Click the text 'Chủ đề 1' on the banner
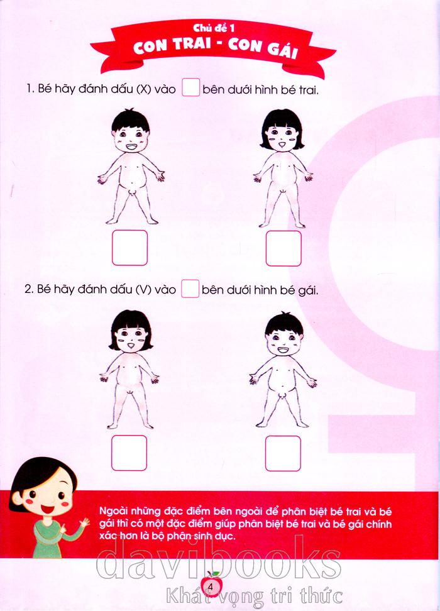coord(214,28)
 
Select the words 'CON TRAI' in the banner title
coord(170,46)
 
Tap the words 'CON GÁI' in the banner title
coord(263,48)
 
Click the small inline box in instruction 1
coord(191,87)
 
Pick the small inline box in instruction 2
coord(190,289)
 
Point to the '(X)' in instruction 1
coord(143,90)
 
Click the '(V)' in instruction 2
coord(143,290)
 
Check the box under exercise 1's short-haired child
coord(129,248)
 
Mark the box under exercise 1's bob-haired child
coord(283,248)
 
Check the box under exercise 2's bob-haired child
coord(129,453)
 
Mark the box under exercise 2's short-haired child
coord(283,454)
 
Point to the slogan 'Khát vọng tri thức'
coord(254,595)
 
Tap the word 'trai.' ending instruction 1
coord(309,91)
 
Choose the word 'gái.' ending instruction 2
coord(308,290)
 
